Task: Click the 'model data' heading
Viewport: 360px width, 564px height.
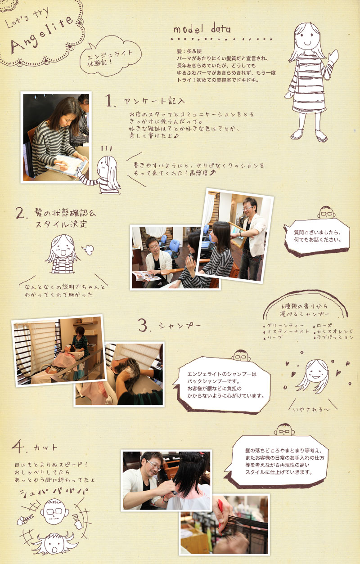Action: click(202, 29)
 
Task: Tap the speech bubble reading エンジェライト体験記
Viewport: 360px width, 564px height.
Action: click(110, 57)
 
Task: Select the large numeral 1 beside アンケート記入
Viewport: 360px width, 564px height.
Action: click(110, 101)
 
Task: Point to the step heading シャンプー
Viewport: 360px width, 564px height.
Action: click(180, 326)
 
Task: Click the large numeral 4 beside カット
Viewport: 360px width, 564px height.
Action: click(18, 446)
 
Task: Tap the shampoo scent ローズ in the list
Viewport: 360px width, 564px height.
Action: click(324, 326)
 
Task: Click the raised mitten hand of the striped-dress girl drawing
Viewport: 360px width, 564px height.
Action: click(333, 57)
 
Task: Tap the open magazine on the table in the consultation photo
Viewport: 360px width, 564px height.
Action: click(146, 276)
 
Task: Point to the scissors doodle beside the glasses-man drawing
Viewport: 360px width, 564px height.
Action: click(25, 519)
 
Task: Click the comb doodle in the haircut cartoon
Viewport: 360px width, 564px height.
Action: click(78, 523)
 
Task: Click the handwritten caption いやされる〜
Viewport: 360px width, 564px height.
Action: click(311, 409)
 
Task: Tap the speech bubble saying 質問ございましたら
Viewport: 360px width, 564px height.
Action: click(317, 237)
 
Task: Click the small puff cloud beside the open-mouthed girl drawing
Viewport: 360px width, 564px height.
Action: click(88, 249)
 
